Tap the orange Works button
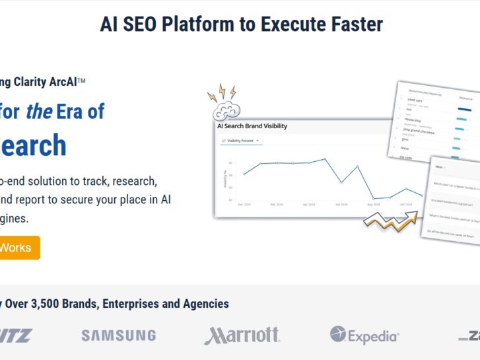(x=17, y=248)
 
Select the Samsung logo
(x=119, y=336)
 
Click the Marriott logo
(x=242, y=336)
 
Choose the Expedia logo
(x=364, y=336)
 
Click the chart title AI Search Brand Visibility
(x=252, y=126)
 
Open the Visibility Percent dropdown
(x=240, y=141)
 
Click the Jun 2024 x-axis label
(x=341, y=205)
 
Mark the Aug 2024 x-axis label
(x=374, y=205)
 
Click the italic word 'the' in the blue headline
(x=39, y=111)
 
